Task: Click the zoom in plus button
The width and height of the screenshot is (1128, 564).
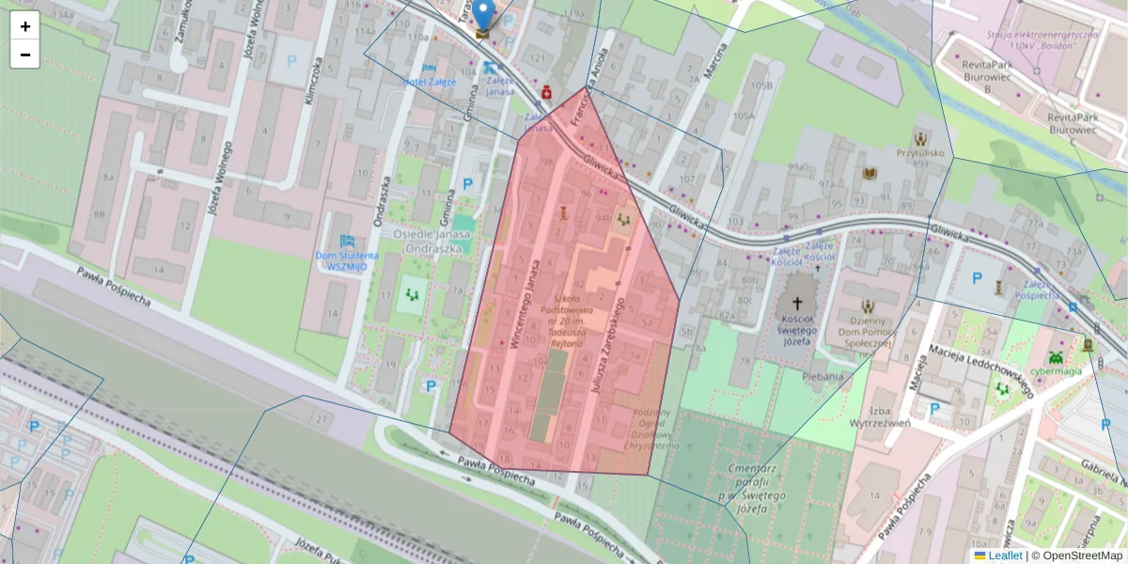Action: (24, 26)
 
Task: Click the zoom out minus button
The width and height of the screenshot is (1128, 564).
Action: (24, 55)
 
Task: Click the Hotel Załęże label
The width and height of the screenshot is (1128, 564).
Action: (429, 82)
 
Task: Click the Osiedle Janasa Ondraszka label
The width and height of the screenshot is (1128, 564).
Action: (432, 242)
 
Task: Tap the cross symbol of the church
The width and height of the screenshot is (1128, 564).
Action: (797, 303)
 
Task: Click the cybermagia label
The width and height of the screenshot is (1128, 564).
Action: (1056, 370)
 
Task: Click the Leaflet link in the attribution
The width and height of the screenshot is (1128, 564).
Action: (1004, 556)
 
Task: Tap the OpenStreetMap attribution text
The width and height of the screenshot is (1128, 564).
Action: (1077, 556)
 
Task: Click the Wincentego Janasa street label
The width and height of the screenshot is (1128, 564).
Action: (525, 304)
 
